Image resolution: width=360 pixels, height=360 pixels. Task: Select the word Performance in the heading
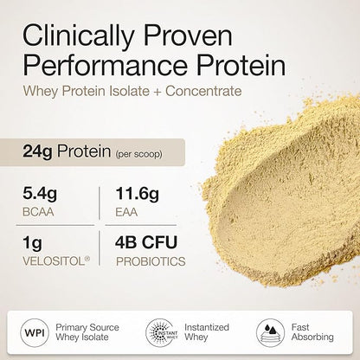(100, 67)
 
